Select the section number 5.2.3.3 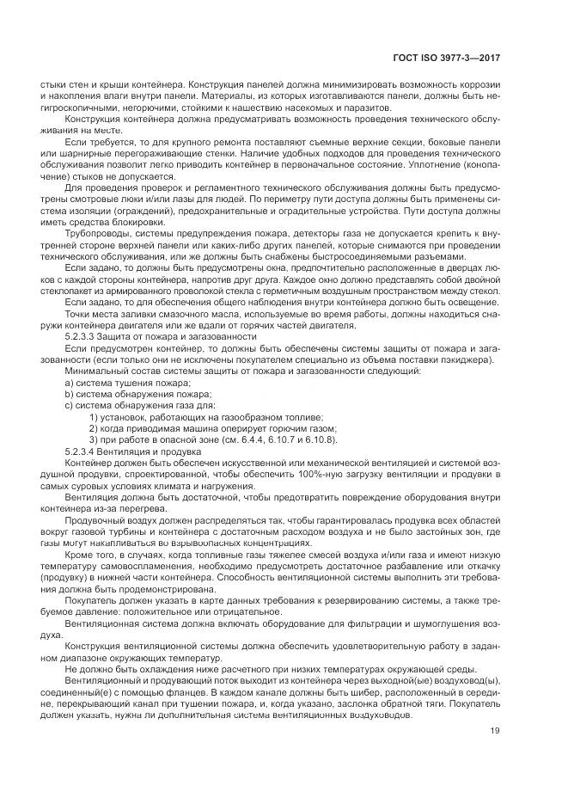(82, 336)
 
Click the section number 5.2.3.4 (82, 451)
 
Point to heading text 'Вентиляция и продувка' (146, 451)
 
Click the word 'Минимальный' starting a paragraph (97, 371)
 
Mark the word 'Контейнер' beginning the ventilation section (88, 462)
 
